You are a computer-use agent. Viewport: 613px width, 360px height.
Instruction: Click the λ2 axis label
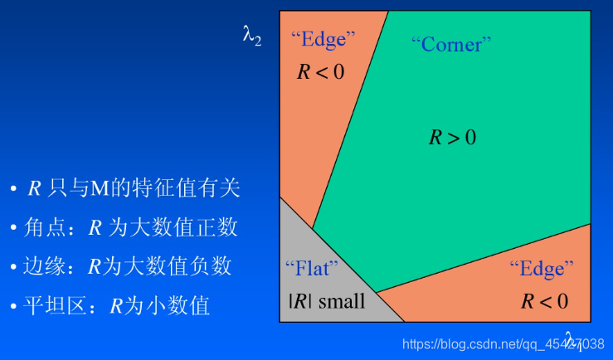(x=252, y=36)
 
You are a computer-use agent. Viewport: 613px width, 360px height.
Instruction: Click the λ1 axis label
(x=573, y=339)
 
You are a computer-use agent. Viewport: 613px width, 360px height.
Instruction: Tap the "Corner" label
(x=451, y=44)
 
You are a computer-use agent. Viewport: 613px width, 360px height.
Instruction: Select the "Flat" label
(x=311, y=268)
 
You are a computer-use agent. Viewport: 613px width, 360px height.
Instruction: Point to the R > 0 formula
(x=452, y=138)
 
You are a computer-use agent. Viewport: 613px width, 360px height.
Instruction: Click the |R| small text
(x=326, y=300)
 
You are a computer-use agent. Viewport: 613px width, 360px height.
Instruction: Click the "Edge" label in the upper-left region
(x=323, y=38)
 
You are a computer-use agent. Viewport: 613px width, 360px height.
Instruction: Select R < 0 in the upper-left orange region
(x=320, y=71)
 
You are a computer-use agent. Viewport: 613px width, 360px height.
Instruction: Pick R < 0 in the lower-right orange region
(x=544, y=300)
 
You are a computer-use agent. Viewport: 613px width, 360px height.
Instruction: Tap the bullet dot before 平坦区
(x=14, y=307)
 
